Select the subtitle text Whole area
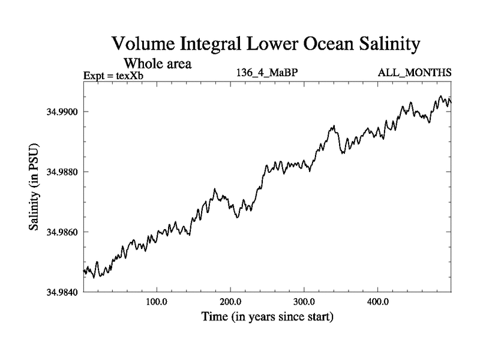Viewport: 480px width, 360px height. point(157,63)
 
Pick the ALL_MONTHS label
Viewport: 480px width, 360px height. point(414,73)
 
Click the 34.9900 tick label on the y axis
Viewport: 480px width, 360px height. point(61,112)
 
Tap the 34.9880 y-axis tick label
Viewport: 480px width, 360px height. point(61,172)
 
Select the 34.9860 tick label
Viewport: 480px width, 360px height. point(61,232)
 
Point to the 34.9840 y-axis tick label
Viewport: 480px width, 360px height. point(61,292)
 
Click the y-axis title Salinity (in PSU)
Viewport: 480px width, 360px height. point(35,187)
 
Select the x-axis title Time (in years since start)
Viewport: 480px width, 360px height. point(266,316)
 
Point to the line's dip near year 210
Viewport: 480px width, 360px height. point(238,217)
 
